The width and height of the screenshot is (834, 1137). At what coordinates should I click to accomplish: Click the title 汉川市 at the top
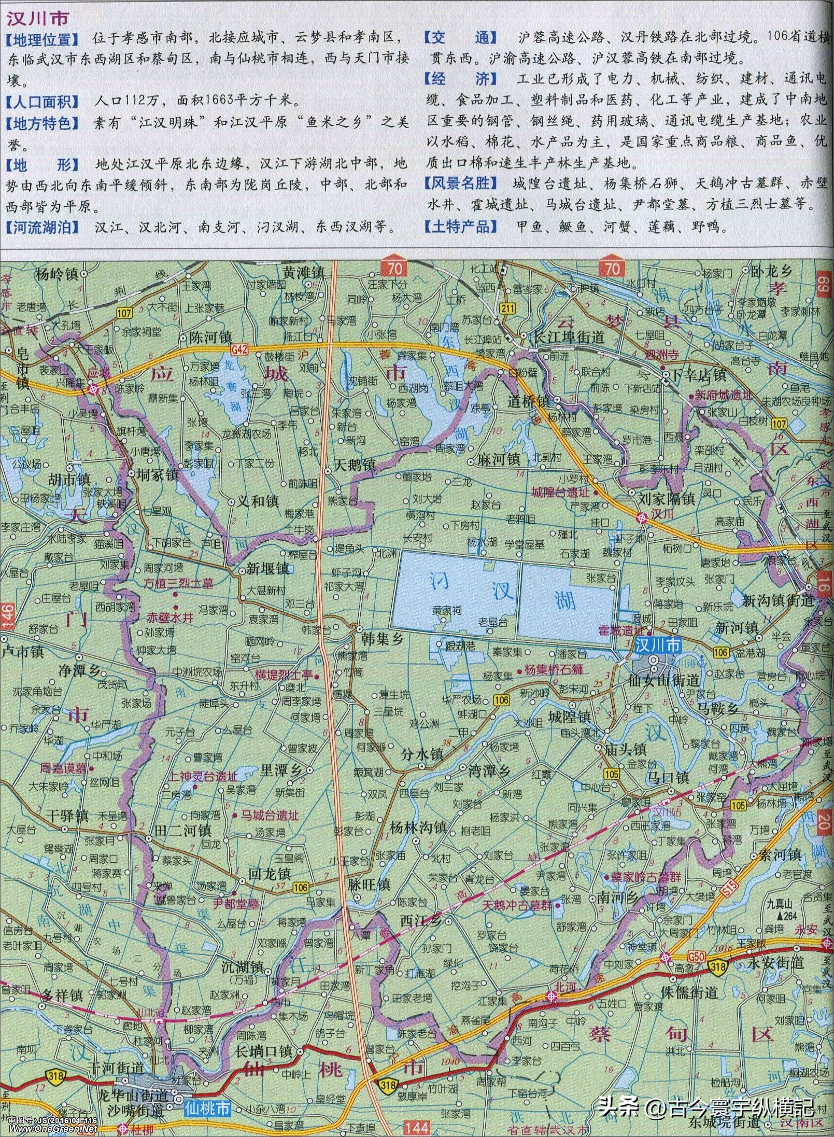pyautogui.click(x=37, y=19)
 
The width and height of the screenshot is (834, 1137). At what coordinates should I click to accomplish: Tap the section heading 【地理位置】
pyautogui.click(x=43, y=39)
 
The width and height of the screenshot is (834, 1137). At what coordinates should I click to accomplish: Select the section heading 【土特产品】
pyautogui.click(x=461, y=227)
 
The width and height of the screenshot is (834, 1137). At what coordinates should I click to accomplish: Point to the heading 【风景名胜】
pyautogui.click(x=461, y=183)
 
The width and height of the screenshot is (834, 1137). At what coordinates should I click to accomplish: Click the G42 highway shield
pyautogui.click(x=239, y=349)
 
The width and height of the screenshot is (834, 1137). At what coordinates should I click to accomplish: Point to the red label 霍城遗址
pyautogui.click(x=620, y=630)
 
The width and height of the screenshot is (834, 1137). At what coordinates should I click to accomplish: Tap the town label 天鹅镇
pyautogui.click(x=355, y=465)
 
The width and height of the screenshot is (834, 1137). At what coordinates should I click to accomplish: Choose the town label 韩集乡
pyautogui.click(x=383, y=638)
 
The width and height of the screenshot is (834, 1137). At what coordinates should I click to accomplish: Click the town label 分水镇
pyautogui.click(x=421, y=754)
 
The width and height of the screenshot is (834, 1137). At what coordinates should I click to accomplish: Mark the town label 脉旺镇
pyautogui.click(x=369, y=899)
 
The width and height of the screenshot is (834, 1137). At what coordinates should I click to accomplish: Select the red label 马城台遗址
pyautogui.click(x=269, y=815)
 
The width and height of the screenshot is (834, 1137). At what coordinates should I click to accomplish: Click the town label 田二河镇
pyautogui.click(x=182, y=831)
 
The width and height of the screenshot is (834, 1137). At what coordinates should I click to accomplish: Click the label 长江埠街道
pyautogui.click(x=569, y=337)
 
